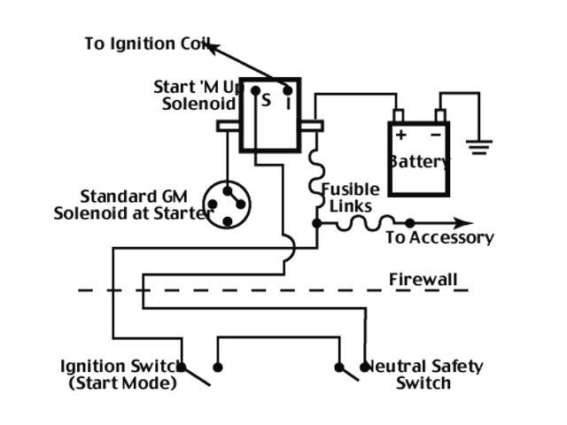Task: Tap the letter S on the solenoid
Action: tap(265, 100)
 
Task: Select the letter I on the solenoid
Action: tap(288, 102)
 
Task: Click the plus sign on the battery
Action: tap(400, 135)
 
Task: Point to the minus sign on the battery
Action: tap(435, 135)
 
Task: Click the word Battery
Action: tap(418, 162)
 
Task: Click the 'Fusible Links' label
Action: tap(351, 197)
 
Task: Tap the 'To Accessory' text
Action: tap(439, 237)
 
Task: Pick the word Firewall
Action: tap(423, 281)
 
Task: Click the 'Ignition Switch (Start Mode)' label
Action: tap(118, 375)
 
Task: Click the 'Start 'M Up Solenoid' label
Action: tap(196, 95)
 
